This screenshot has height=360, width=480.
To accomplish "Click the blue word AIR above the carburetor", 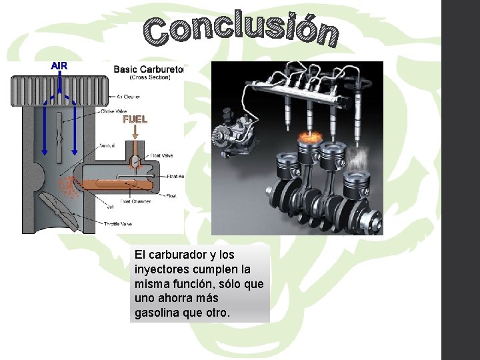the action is point(59,65).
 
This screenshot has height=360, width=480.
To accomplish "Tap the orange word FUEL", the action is point(134,120).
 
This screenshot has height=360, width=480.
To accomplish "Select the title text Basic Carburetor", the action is point(148,68).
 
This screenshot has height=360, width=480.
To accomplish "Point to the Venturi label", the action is point(107,145).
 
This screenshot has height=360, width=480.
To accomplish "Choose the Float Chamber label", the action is point(135,201).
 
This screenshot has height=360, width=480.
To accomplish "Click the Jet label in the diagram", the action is point(110,206).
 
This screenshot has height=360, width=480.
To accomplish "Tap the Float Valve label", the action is point(162,155).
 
